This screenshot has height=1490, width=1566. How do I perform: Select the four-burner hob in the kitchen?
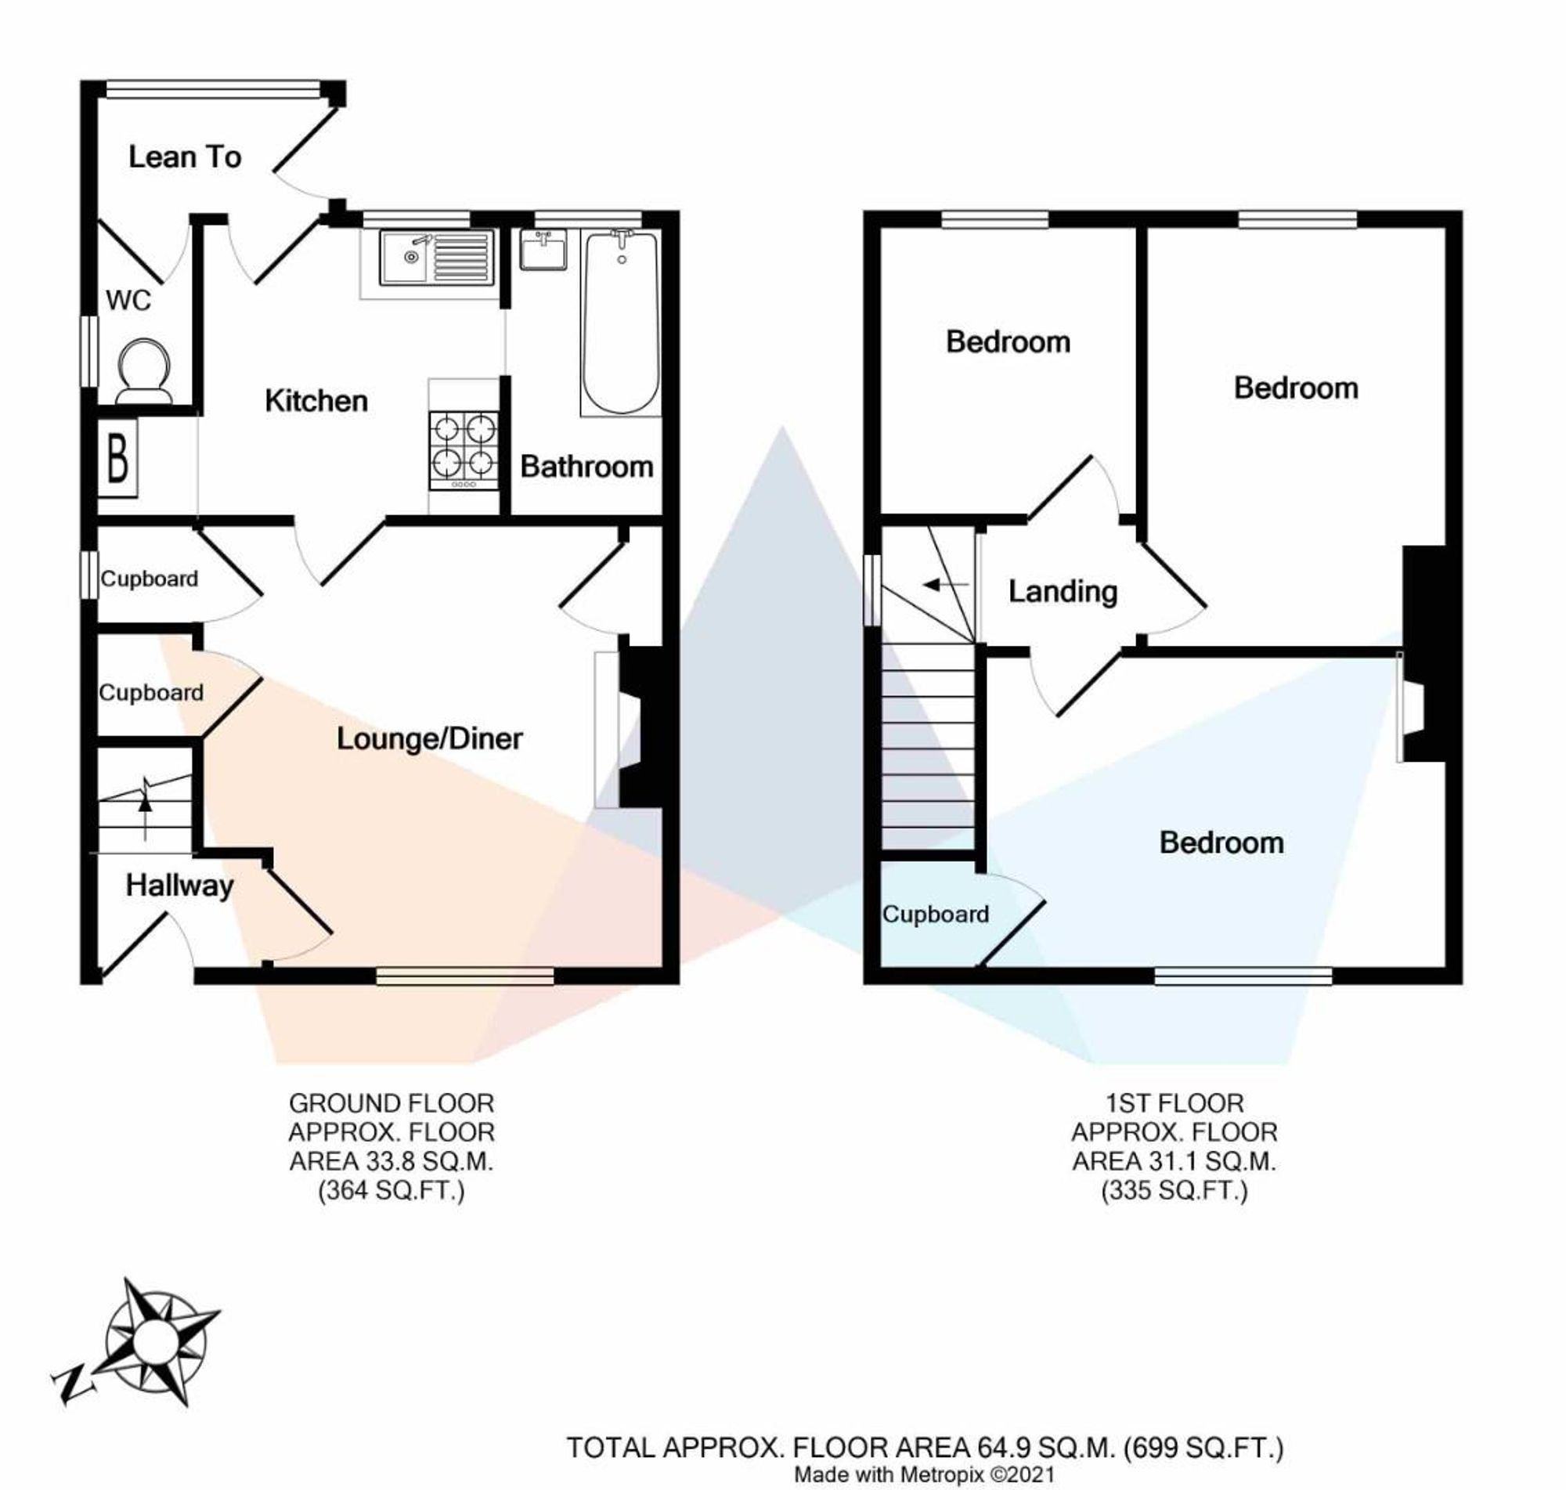click(464, 449)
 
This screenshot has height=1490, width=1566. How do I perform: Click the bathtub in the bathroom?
click(620, 321)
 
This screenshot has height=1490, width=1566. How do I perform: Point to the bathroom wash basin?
click(544, 251)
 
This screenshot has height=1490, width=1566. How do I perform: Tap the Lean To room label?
click(184, 157)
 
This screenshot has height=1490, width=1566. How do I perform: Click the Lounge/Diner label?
click(429, 738)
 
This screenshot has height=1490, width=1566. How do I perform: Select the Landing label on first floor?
click(1062, 592)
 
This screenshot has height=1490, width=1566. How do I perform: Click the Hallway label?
click(179, 885)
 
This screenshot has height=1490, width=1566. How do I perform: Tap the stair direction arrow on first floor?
click(945, 586)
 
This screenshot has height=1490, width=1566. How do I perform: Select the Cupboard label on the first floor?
click(935, 915)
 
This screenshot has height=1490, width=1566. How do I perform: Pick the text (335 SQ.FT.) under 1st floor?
click(1174, 1191)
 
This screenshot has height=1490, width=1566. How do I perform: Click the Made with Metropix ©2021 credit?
click(925, 1475)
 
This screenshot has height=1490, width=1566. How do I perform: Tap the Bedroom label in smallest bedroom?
click(1007, 342)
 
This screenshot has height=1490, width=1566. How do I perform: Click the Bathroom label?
click(586, 467)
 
